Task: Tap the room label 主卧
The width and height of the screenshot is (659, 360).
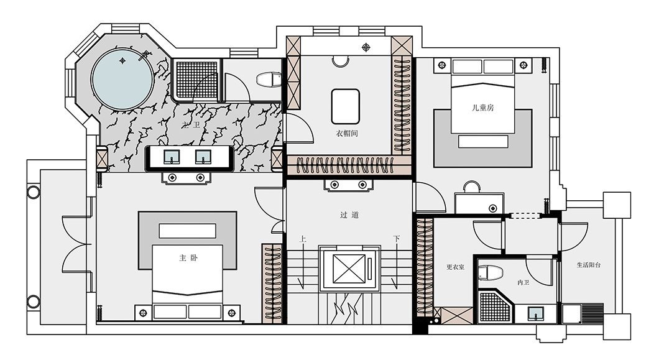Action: click(x=187, y=257)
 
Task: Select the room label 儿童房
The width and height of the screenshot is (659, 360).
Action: click(x=482, y=108)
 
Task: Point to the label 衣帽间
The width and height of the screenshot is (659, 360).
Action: click(x=346, y=134)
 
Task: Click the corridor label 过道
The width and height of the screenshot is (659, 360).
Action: click(x=349, y=215)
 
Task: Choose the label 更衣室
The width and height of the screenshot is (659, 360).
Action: click(x=456, y=268)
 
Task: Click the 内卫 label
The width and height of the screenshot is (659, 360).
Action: click(x=523, y=283)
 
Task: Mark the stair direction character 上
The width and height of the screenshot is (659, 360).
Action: click(x=302, y=239)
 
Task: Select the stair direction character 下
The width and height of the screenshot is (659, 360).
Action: click(x=396, y=239)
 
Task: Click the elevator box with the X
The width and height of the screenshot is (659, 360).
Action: click(x=349, y=268)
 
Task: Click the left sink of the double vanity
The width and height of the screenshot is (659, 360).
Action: click(x=172, y=157)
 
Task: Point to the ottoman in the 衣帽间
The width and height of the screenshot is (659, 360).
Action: click(x=346, y=106)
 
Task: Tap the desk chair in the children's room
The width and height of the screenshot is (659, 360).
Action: click(x=472, y=187)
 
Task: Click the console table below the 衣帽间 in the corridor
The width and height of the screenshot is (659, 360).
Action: click(x=348, y=185)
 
